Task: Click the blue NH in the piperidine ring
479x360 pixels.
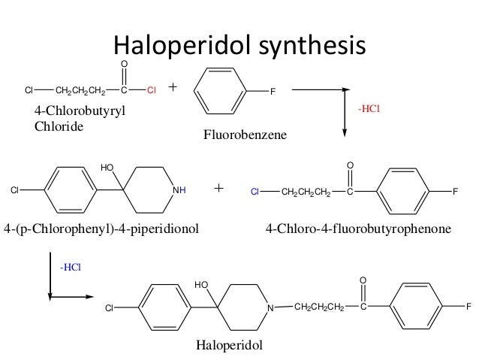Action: [179, 191]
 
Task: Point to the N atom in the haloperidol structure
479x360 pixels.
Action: [274, 307]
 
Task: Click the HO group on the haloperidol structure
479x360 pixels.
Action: [200, 285]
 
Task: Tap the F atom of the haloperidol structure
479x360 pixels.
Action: [468, 307]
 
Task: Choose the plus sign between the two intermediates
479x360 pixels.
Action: [219, 188]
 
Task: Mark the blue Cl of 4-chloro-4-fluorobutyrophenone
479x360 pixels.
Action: [255, 192]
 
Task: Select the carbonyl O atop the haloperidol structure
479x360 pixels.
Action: [363, 280]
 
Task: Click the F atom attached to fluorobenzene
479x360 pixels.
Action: [273, 92]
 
